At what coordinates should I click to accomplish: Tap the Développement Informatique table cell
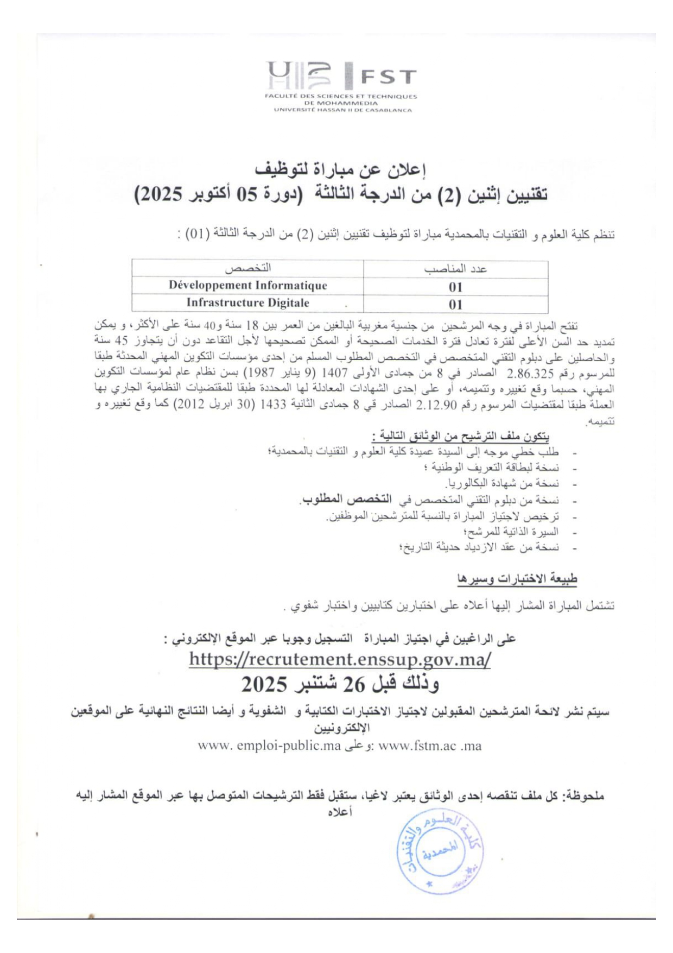[247, 286]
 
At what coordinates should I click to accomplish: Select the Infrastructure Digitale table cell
[247, 303]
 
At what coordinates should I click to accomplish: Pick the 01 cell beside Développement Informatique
[455, 287]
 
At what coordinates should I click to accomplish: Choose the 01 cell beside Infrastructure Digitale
[455, 305]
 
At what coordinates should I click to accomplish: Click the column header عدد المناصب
[455, 269]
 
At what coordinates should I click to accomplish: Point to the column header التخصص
[247, 268]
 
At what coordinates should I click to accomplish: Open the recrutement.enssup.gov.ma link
[340, 659]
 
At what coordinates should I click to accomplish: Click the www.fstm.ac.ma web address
[429, 746]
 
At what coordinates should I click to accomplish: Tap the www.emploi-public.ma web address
[269, 746]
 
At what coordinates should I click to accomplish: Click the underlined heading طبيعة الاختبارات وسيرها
[517, 579]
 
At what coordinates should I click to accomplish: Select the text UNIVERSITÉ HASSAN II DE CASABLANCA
[342, 110]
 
